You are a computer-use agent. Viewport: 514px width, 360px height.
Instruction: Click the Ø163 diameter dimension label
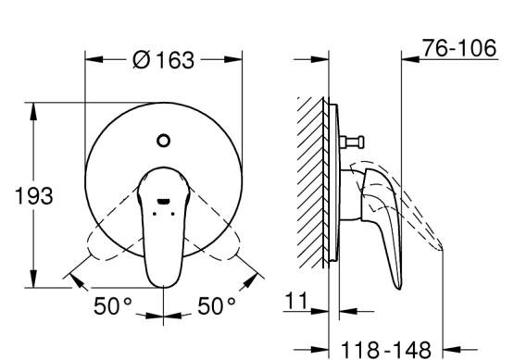point(163,60)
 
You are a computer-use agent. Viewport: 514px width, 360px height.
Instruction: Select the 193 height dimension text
point(33,196)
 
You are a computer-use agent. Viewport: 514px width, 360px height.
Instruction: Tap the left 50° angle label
point(112,306)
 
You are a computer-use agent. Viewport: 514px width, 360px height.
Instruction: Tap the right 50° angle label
point(217,306)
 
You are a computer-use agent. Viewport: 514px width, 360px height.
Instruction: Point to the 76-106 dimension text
point(459,48)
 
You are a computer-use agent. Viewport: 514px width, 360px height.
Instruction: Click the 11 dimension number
point(296,301)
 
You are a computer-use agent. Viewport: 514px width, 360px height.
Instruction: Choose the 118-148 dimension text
point(386,350)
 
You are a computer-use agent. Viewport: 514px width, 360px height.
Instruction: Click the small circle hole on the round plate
point(163,141)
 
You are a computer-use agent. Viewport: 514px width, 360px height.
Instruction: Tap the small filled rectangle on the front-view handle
point(163,201)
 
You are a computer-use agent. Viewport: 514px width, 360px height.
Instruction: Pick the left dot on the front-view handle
point(155,214)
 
